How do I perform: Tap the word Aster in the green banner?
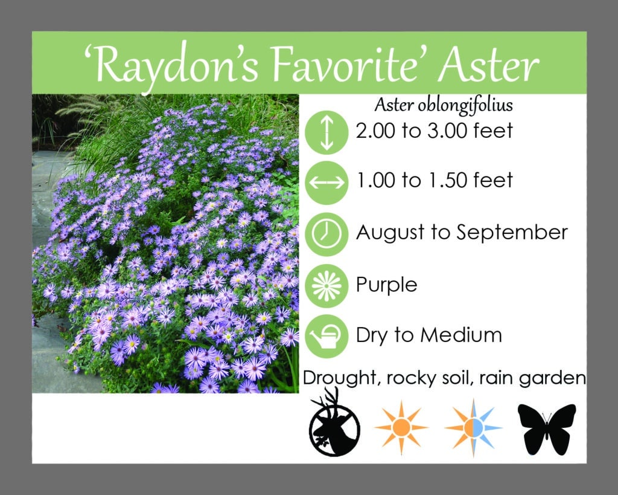488,64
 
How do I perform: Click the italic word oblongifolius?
465,106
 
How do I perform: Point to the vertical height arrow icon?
327,132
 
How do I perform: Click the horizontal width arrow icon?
327,183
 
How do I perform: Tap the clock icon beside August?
327,234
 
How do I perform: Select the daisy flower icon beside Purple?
327,286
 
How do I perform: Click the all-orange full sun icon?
401,427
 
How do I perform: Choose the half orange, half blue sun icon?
473,427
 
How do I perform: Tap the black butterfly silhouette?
547,429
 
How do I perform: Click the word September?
512,233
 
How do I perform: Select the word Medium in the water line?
461,335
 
